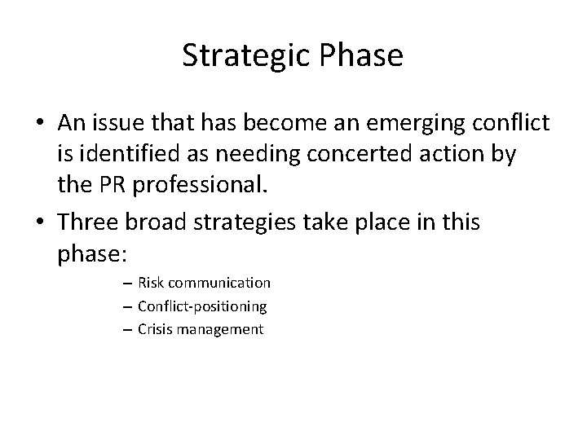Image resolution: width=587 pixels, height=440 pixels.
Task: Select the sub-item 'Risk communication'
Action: (x=204, y=283)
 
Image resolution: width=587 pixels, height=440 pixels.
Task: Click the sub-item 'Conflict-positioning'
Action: (x=202, y=306)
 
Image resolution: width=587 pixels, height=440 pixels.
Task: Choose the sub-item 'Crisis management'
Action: (x=201, y=330)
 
